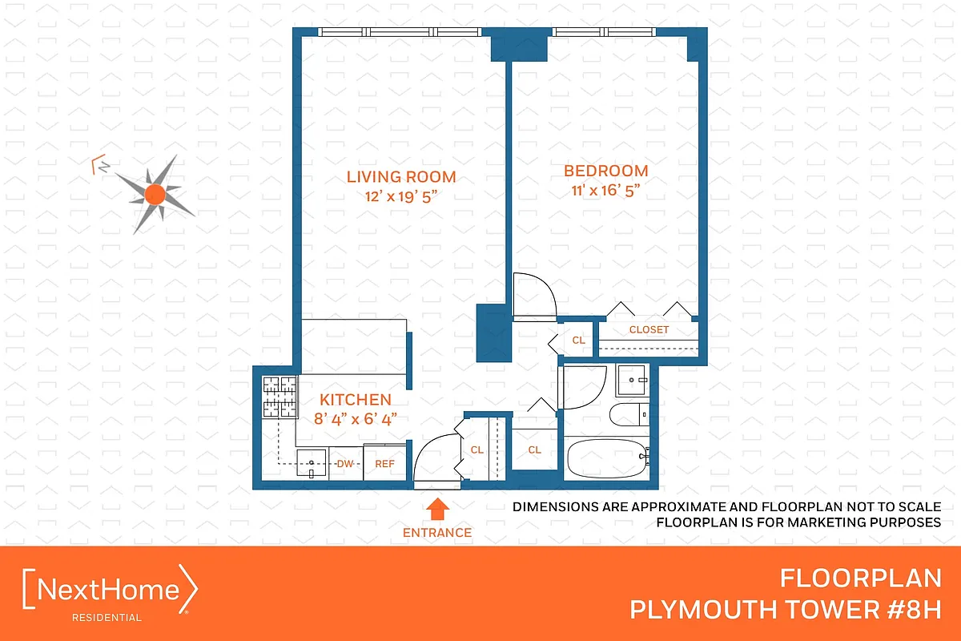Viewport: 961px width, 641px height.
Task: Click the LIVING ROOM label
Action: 400,177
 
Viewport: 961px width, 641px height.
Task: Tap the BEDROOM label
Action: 605,171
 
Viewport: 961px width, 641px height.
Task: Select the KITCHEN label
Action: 356,400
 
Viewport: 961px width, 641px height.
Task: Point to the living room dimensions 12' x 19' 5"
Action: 400,196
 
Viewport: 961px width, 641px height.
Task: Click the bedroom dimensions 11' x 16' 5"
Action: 605,190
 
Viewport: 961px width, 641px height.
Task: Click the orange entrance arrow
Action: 437,509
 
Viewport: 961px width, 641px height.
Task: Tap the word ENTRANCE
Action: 437,532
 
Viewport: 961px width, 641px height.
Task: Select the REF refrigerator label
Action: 385,463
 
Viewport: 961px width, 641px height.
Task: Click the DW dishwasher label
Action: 345,463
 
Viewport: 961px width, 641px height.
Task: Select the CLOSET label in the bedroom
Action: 649,329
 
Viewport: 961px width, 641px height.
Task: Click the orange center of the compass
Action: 155,193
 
